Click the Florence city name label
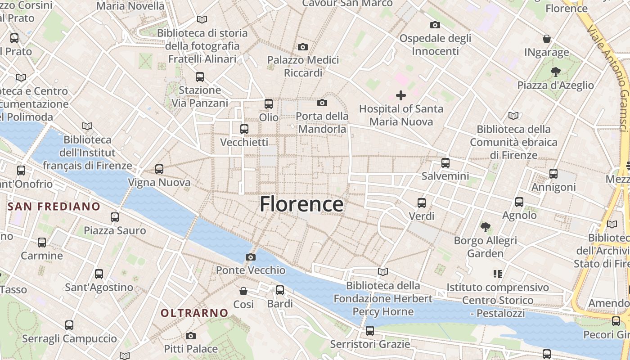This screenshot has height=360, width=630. (301, 204)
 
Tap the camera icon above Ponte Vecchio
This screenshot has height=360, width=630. (251, 257)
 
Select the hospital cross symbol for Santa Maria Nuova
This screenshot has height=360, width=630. (400, 95)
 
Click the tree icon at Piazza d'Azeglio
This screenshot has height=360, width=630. (555, 72)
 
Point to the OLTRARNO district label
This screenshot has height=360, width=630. (195, 313)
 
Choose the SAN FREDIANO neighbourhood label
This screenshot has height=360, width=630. (54, 207)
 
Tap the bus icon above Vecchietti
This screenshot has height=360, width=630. (244, 129)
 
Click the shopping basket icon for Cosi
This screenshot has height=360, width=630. (243, 291)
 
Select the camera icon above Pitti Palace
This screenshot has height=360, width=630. (191, 336)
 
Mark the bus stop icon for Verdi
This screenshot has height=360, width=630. (422, 203)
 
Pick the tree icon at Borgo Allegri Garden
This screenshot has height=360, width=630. (485, 227)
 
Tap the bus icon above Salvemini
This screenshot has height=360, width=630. (445, 162)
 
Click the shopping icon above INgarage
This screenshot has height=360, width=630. (547, 39)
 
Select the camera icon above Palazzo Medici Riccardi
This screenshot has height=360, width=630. (303, 47)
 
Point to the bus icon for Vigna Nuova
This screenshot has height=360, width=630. (159, 169)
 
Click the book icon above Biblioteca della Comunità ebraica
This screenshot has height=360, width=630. (513, 116)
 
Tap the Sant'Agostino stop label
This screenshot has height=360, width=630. (99, 287)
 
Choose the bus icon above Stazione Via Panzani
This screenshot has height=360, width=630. (200, 77)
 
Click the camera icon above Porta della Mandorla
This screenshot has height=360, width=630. (322, 103)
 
